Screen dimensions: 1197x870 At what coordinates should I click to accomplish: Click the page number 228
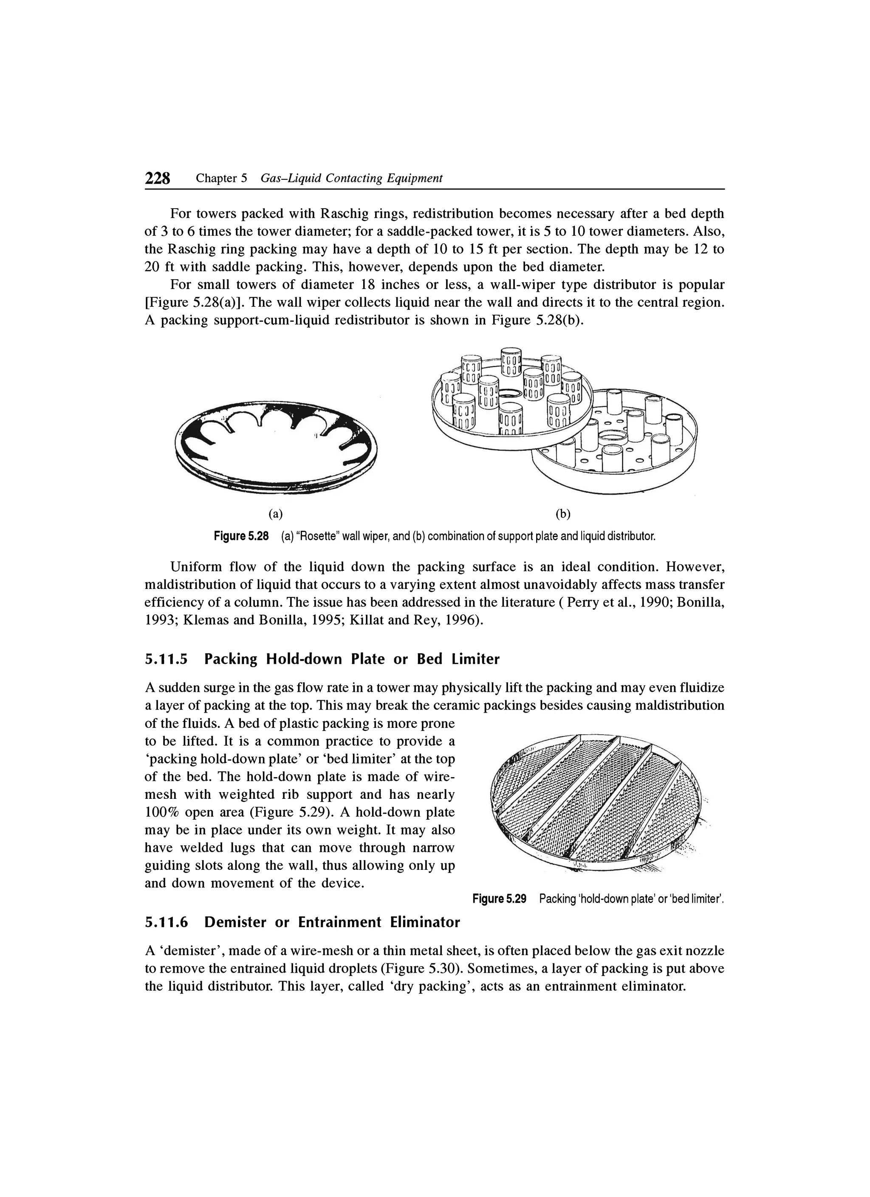158,178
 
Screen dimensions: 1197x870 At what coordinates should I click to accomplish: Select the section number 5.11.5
167,659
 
